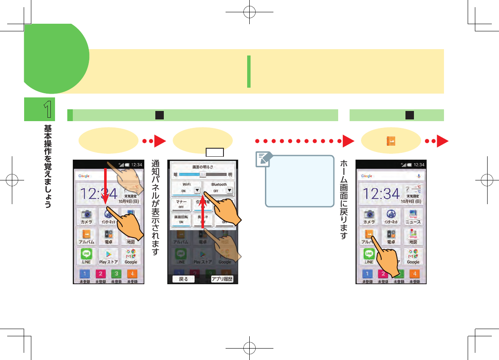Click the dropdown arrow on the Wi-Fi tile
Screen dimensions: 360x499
click(x=197, y=191)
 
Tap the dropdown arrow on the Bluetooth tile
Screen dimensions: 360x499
click(x=229, y=191)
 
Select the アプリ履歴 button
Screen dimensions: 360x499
click(x=222, y=279)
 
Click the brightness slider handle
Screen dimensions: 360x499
click(x=203, y=174)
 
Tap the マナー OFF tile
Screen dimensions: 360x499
click(x=181, y=205)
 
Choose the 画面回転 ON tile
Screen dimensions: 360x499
click(x=181, y=219)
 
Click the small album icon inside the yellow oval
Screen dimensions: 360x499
click(x=391, y=141)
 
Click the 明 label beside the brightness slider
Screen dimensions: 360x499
click(x=230, y=174)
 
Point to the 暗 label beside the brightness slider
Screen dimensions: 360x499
click(x=175, y=174)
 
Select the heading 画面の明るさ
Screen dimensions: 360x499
click(x=203, y=167)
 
